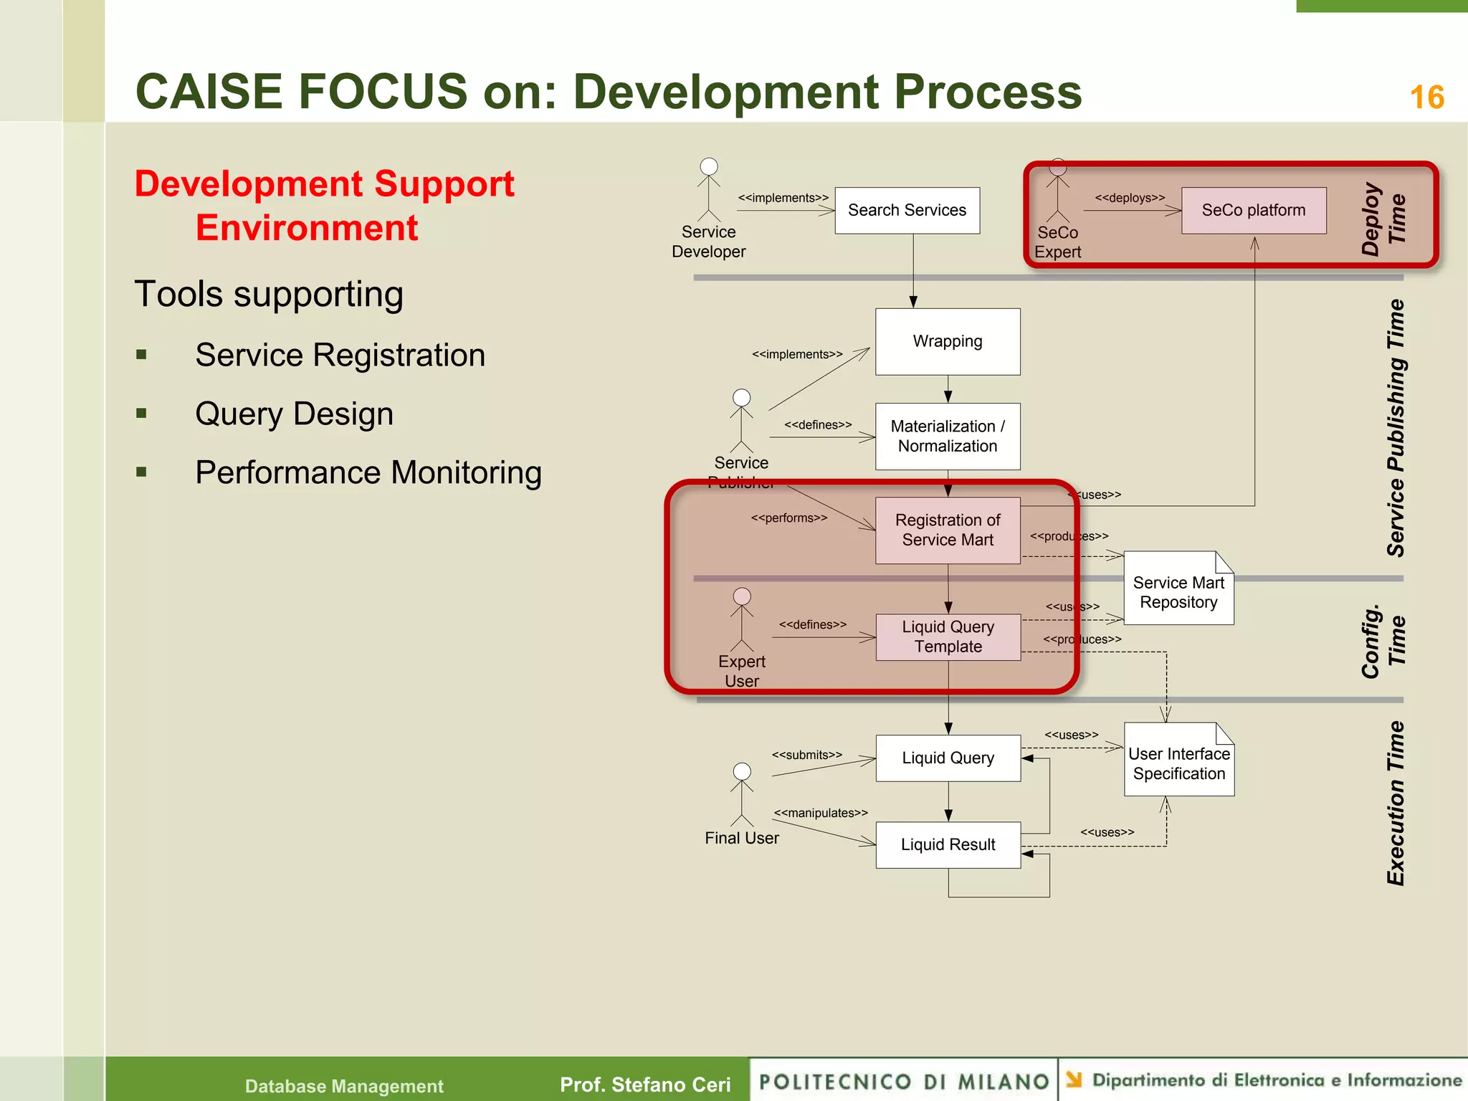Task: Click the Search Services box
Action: pyautogui.click(x=907, y=210)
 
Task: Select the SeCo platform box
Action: pyautogui.click(x=1253, y=210)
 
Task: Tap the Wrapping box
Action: pyautogui.click(x=947, y=341)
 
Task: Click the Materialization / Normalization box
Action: pyautogui.click(x=947, y=436)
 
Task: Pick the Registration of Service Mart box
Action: pyautogui.click(x=947, y=530)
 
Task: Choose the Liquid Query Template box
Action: pyautogui.click(x=947, y=637)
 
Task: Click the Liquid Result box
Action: pyautogui.click(x=947, y=844)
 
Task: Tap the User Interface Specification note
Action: pyautogui.click(x=1178, y=763)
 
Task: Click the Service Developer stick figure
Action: pyautogui.click(x=708, y=191)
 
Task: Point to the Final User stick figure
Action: pyautogui.click(x=742, y=796)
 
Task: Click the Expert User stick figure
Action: pyautogui.click(x=742, y=620)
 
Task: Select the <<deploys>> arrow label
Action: pyautogui.click(x=1129, y=198)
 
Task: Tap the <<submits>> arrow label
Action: pyautogui.click(x=806, y=755)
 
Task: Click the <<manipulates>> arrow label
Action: pyautogui.click(x=820, y=813)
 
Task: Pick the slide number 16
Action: pyautogui.click(x=1426, y=97)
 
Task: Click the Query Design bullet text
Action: pyautogui.click(x=294, y=414)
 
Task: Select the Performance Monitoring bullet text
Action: pyautogui.click(x=368, y=472)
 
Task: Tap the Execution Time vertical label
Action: pyautogui.click(x=1395, y=803)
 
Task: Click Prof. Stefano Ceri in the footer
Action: pyautogui.click(x=644, y=1085)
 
